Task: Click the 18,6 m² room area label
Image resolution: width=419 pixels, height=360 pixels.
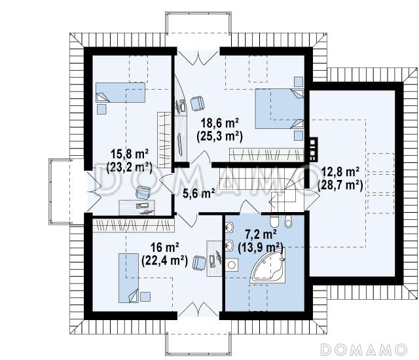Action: tap(220, 124)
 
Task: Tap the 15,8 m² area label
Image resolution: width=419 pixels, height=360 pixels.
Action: tap(130, 154)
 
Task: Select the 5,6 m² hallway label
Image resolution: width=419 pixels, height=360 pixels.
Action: tap(199, 193)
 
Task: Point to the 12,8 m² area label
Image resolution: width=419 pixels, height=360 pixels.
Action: tap(340, 172)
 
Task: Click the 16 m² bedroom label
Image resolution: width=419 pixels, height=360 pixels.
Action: tap(164, 247)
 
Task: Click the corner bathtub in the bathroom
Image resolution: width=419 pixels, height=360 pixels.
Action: tap(268, 265)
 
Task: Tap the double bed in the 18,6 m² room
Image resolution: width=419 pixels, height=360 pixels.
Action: tap(280, 109)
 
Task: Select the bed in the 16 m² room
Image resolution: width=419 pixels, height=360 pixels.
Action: tap(129, 278)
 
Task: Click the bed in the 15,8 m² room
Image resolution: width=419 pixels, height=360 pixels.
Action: tap(120, 92)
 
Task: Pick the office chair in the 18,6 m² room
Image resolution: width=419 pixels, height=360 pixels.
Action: tap(197, 103)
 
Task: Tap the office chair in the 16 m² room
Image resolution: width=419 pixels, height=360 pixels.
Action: tap(199, 262)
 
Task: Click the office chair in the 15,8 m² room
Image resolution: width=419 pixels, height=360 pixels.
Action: tap(143, 192)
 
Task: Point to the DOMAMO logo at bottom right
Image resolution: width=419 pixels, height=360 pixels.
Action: tap(364, 350)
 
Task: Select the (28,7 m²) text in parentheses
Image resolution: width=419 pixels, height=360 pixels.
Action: tap(340, 185)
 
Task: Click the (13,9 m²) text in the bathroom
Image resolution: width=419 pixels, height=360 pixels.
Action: tap(261, 247)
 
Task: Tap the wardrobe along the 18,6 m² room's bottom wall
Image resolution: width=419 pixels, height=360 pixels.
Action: tap(266, 155)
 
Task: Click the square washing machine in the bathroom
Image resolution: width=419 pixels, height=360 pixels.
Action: tap(231, 265)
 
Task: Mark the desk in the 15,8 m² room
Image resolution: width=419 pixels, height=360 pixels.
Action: tap(137, 207)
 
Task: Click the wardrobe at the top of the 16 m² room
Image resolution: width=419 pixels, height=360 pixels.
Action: tap(132, 226)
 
